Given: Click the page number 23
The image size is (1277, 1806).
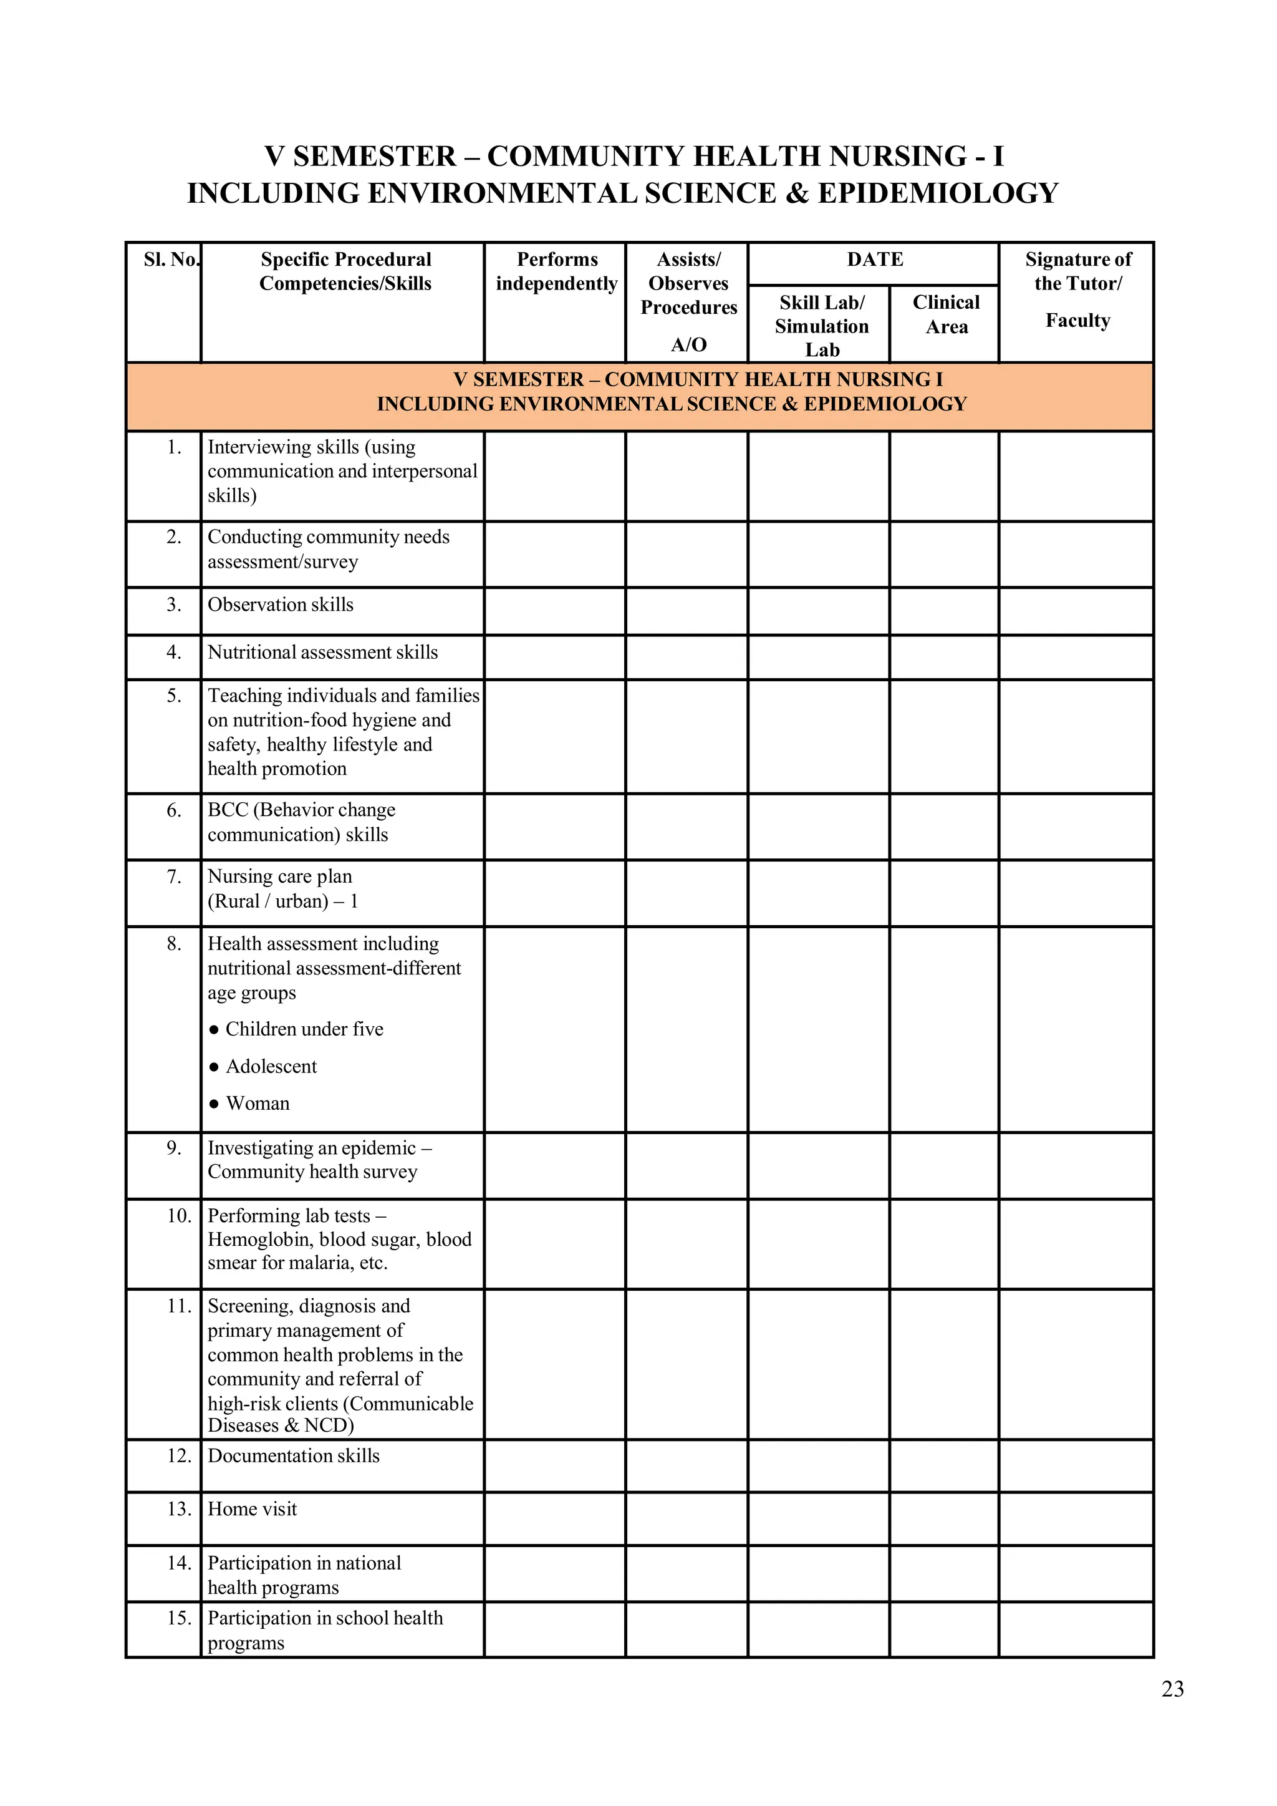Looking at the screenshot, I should click(1172, 1689).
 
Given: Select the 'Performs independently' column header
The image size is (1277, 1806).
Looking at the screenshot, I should click(556, 271).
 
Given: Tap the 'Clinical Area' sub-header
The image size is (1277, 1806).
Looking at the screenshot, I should click(946, 314).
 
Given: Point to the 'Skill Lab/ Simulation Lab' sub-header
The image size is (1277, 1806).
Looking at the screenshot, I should click(821, 326).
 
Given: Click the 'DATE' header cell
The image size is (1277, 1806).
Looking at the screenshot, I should click(874, 260).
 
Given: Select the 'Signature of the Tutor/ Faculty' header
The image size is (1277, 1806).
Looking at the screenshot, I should click(1077, 289).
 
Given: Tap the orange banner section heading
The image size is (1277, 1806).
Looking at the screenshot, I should click(639, 392).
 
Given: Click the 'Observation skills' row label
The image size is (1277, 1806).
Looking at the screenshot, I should click(281, 605).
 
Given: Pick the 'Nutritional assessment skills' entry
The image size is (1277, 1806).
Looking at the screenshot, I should click(322, 652).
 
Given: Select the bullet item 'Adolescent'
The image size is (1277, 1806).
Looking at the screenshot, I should click(271, 1066).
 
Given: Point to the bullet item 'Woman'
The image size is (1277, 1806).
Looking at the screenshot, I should click(257, 1103).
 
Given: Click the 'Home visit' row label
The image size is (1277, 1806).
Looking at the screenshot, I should click(253, 1508).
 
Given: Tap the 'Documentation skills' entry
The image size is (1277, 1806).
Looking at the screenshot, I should click(293, 1455).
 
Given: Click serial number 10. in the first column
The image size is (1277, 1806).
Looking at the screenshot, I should click(178, 1215).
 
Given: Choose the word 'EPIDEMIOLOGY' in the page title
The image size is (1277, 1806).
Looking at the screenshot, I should click(937, 193).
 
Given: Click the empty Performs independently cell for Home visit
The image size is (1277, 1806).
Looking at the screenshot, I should click(555, 1518).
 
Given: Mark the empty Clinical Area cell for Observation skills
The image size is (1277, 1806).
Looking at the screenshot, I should click(943, 611).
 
